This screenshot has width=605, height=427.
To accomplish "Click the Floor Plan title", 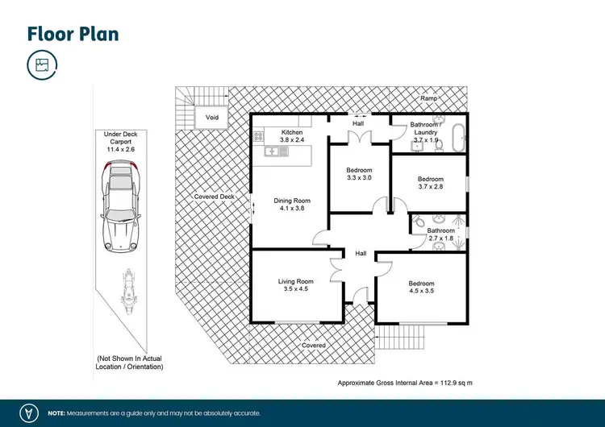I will [73, 33].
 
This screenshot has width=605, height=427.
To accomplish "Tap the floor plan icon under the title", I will [41, 65].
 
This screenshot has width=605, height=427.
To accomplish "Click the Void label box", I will [212, 118].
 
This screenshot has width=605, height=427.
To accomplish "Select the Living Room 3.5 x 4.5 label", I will [295, 285].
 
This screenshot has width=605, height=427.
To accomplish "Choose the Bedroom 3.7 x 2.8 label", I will [430, 183].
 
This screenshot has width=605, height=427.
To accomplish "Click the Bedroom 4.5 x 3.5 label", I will [421, 288].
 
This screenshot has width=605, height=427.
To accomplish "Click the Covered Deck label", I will [214, 197].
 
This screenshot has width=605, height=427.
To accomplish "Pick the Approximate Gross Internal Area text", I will [403, 382].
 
